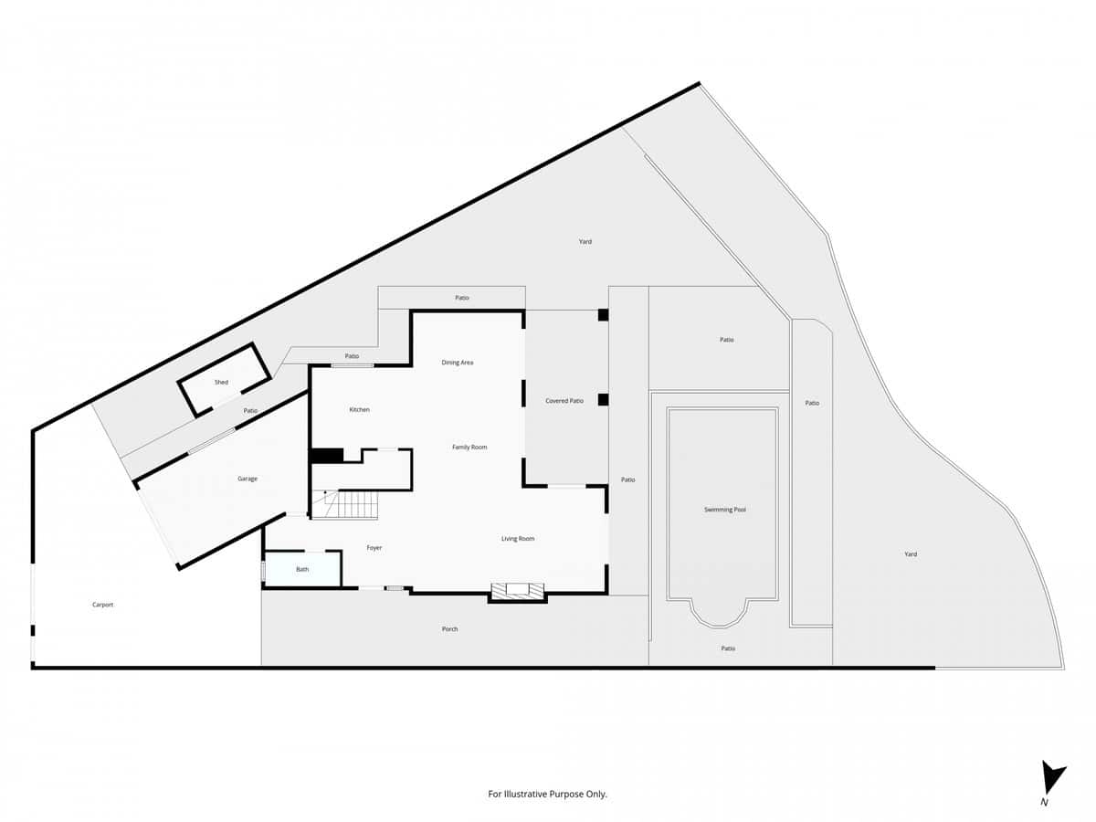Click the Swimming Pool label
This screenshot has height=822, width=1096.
pos(725,510)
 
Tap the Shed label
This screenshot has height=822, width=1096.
pos(221,382)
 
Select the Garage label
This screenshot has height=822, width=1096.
pos(248,479)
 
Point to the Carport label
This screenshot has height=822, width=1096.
pos(102,605)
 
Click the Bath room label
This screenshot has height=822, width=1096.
pos(302,570)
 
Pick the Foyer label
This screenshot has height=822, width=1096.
pos(374,548)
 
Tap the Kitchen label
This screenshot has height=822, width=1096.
pos(360,410)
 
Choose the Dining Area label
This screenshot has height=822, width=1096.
pos(458,363)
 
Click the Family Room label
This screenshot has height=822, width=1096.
pos(469,448)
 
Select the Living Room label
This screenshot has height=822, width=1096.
pos(518,539)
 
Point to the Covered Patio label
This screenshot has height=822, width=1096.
pos(564,401)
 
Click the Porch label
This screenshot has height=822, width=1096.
pos(449,629)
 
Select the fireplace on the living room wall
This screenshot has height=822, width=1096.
pos(518,592)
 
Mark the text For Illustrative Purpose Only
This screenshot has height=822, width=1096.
pos(548,795)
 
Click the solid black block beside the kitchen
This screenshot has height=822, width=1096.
pos(326,455)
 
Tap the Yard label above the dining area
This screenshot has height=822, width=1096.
pos(585,242)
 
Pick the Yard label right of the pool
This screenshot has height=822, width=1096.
pos(911,554)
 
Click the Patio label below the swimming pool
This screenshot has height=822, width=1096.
pos(728,648)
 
